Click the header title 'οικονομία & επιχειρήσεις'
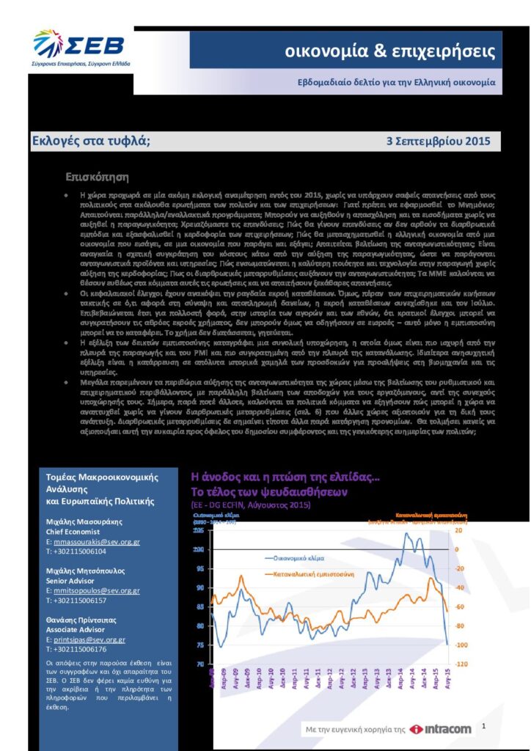click(390, 52)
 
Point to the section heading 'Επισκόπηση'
click(98, 177)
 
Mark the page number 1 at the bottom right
click(484, 725)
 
